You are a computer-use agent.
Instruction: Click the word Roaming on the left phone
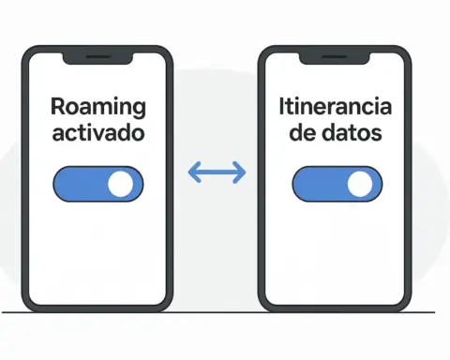coord(98,106)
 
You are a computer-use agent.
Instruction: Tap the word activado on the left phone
coord(98,133)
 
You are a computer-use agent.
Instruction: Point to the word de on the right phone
coord(302,133)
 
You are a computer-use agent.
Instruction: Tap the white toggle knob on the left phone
coord(121,185)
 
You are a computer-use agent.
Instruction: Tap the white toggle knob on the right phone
coord(360,185)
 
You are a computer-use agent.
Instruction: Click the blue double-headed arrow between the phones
coord(217,172)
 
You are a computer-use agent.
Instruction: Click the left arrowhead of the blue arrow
coord(193,172)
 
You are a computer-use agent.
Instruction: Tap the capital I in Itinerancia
coord(282,106)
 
